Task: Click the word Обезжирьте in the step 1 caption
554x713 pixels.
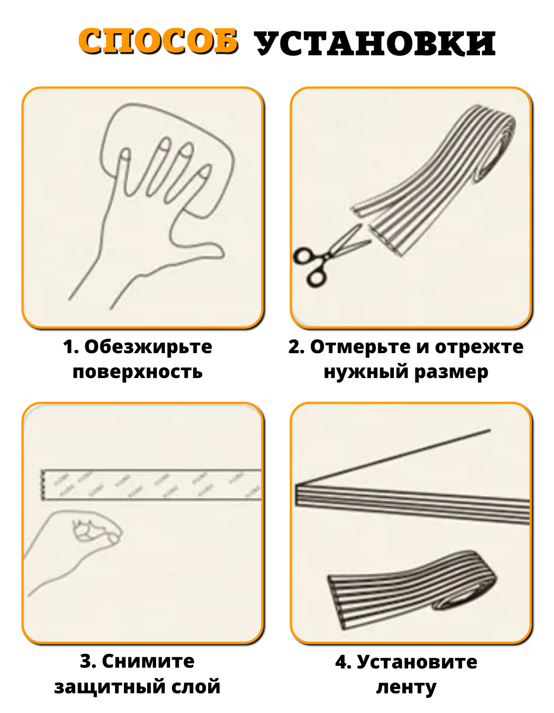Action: click(x=148, y=347)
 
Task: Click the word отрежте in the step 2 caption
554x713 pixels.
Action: click(x=479, y=347)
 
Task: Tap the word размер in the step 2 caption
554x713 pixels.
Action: click(x=451, y=372)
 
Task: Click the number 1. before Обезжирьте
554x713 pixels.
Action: click(x=71, y=347)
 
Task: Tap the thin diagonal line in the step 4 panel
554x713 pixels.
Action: click(x=393, y=457)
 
